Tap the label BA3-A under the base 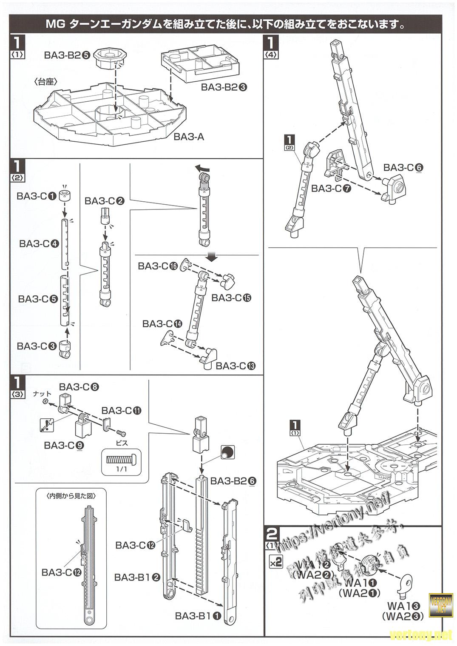click(x=189, y=137)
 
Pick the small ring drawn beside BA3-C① click(x=65, y=196)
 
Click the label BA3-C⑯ click(x=157, y=266)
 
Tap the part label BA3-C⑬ click(x=235, y=366)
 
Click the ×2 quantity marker click(x=275, y=561)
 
